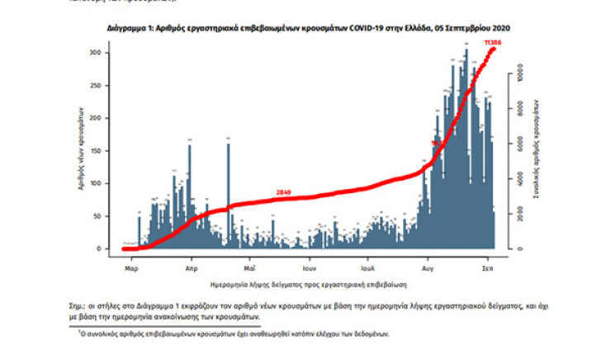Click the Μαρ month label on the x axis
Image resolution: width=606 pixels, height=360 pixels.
(130, 269)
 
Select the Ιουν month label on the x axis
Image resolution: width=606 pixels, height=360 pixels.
(310, 269)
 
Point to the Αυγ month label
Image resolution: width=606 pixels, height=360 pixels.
(428, 269)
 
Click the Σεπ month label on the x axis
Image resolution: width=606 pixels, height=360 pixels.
(488, 269)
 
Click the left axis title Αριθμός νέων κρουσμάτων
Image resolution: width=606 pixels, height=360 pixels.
(83, 149)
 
